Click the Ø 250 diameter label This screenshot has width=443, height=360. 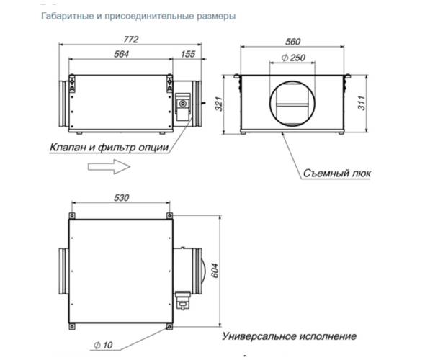[x=295, y=58]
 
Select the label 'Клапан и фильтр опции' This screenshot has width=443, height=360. [x=110, y=148]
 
